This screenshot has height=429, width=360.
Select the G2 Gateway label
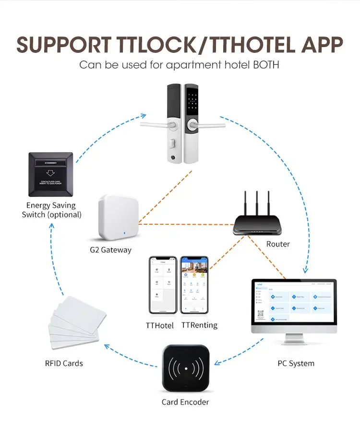point(110,250)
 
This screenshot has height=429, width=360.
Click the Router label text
point(278,244)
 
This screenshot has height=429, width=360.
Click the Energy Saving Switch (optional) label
point(51,210)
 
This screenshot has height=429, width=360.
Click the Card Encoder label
point(185,402)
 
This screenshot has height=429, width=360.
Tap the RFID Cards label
point(64,363)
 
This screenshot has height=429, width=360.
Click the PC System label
point(296,363)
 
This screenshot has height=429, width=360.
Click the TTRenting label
point(199,325)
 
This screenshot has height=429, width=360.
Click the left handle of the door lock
point(156,125)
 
